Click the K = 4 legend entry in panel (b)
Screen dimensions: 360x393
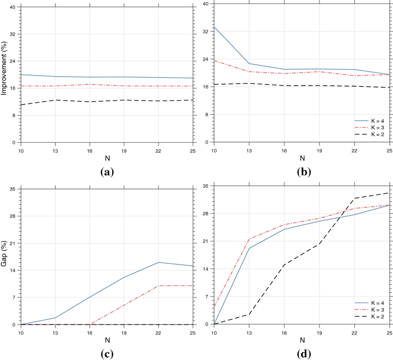click(x=374, y=121)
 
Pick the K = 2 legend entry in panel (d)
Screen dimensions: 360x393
click(x=374, y=316)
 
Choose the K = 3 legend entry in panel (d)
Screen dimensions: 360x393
click(x=374, y=309)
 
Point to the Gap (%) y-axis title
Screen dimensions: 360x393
click(x=5, y=257)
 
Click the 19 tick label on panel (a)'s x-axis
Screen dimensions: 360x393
click(x=124, y=150)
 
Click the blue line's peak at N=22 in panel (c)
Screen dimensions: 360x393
click(x=158, y=262)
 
